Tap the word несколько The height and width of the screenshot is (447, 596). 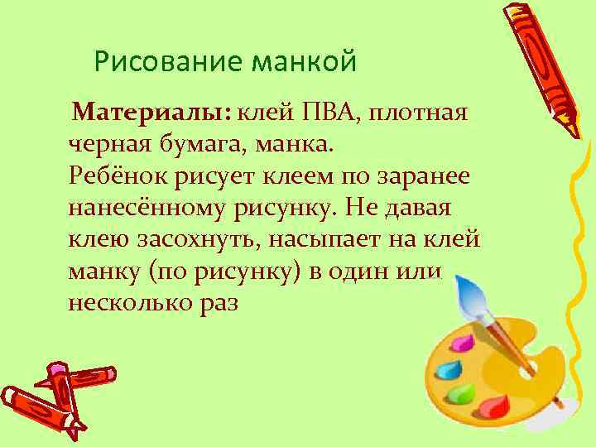pyautogui.click(x=129, y=303)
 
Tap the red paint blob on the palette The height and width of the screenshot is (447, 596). pyautogui.click(x=495, y=407)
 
